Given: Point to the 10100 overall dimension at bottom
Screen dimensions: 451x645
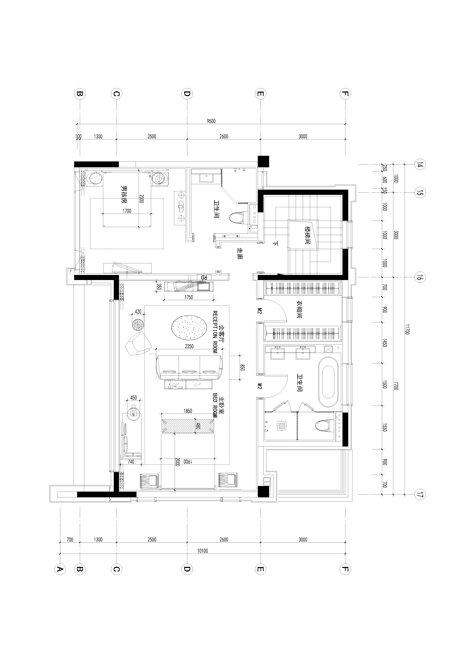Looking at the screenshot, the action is click(x=202, y=551).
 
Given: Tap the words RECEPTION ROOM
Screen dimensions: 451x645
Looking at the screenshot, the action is click(x=215, y=332).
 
